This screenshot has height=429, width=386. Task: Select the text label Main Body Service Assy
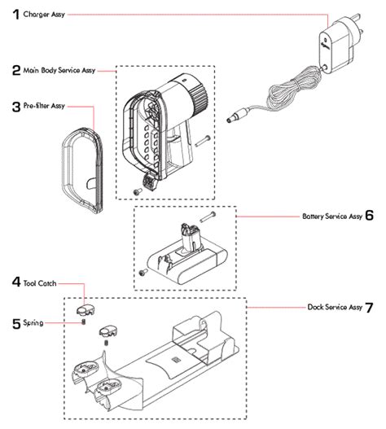tap(60, 72)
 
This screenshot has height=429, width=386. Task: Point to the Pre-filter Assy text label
tap(45, 107)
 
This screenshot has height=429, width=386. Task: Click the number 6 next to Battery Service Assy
tap(369, 217)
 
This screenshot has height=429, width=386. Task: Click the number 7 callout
tap(370, 308)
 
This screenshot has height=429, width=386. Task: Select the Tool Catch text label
tap(40, 283)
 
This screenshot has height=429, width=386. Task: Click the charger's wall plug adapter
tap(336, 50)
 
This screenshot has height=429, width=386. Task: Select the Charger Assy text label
tap(46, 15)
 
